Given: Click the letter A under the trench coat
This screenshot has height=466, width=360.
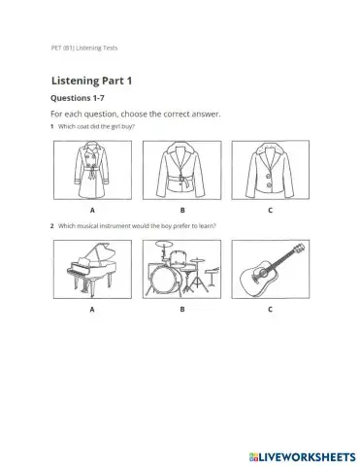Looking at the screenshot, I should click(91, 210).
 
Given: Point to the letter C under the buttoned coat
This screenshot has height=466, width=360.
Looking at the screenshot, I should click(270, 210).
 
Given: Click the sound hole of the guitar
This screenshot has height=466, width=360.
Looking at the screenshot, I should click(264, 273).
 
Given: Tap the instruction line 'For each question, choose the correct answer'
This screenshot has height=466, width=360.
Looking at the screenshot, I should click(135, 114).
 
